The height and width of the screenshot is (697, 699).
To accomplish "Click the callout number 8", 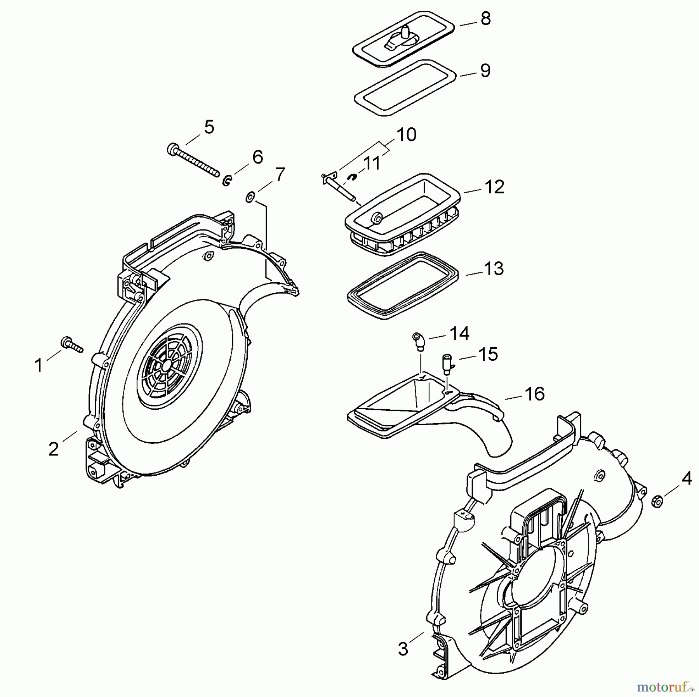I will pos(485,19).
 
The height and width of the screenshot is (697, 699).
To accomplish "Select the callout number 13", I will pos(494,269).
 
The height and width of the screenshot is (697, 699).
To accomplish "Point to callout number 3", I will pos(403,648).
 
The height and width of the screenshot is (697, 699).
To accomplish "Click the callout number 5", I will pos(209,127).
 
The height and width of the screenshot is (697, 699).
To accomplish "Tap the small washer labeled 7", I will pos(250,197).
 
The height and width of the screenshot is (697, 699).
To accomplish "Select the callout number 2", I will pos(53,449).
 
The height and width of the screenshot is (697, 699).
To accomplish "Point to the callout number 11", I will pos(372,163).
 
